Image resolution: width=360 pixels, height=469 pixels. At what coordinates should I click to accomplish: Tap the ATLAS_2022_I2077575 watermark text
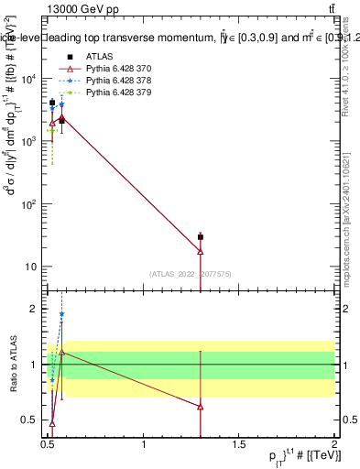tap(190, 274)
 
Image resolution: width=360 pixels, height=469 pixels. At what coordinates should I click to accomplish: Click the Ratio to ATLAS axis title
tap(13, 364)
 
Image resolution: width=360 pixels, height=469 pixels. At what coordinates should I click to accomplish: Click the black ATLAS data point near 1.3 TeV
tap(201, 237)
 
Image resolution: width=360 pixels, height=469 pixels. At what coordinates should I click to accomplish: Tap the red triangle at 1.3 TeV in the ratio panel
tap(201, 407)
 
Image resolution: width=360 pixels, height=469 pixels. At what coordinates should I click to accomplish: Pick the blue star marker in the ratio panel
tap(61, 314)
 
